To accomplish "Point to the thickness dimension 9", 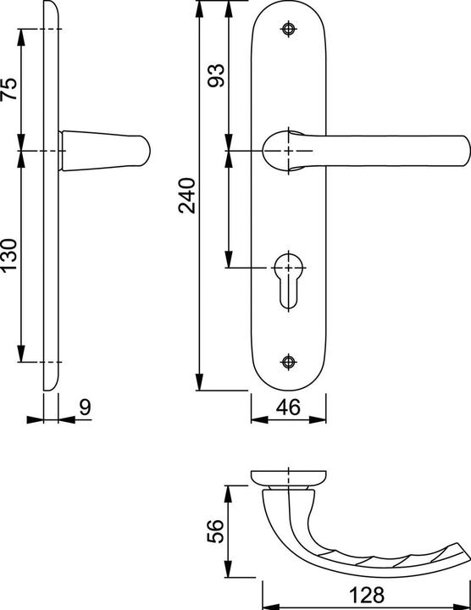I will [x=84, y=408].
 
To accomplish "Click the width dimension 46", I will [x=289, y=408].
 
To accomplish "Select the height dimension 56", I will [x=216, y=530].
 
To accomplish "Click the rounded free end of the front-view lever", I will [x=460, y=150].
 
